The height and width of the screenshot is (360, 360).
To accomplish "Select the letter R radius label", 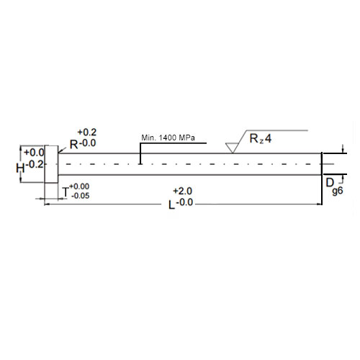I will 73,144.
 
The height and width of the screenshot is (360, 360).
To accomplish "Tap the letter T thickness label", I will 66,191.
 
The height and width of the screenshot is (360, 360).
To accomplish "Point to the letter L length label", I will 171,204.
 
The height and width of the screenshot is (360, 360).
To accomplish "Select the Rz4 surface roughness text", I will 261,139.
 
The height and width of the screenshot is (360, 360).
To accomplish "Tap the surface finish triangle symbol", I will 232,147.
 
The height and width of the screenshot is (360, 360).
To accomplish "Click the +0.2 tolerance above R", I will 86,132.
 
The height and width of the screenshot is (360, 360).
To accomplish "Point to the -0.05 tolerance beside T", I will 81,195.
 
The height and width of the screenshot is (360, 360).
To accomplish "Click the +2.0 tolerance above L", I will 183,191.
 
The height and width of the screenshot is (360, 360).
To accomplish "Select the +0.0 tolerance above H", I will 34,153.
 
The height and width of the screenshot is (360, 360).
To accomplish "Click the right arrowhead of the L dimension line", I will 319,204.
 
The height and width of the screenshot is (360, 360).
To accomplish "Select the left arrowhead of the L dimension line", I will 48,204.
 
